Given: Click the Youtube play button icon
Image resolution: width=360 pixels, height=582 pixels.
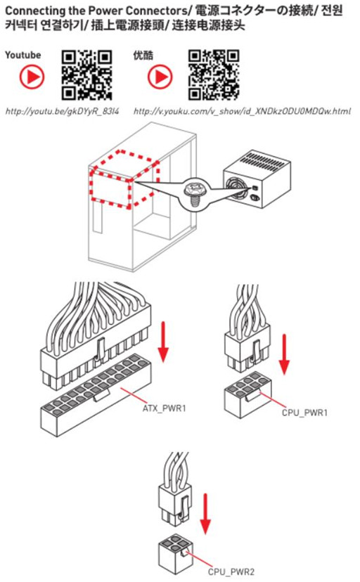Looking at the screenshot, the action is pos(32,77).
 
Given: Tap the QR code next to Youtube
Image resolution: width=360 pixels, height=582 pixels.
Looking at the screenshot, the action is pos(87,75).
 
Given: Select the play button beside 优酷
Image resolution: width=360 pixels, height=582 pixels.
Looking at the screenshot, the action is pos(160,77).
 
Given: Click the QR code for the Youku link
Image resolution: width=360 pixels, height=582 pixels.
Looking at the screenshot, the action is pos(214,75).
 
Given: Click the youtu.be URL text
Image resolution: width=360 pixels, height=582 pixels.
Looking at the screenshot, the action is pos(62,111).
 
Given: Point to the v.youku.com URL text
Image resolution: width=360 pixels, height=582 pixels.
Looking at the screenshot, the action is pos(242,111).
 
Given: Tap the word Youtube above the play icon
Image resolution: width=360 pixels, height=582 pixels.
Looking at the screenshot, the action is pos(23,55).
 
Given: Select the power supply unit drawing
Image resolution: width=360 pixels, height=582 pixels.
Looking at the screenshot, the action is pos(257,179).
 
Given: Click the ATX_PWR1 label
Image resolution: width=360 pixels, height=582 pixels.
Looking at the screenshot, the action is pos(165,408).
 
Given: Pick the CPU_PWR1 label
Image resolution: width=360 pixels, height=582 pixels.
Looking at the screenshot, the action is pos(304,413).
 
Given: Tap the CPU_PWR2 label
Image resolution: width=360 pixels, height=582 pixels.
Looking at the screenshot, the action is pos(231,571).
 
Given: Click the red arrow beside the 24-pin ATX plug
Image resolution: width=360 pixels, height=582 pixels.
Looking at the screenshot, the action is pos(163,341).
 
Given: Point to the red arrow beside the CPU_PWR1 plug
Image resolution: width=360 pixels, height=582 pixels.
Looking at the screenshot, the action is pos(284,354).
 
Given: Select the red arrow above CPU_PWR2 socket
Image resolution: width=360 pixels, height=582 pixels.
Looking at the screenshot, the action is pos(205,514).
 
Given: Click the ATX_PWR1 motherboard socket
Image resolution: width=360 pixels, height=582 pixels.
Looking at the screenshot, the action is pos(96,395).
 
